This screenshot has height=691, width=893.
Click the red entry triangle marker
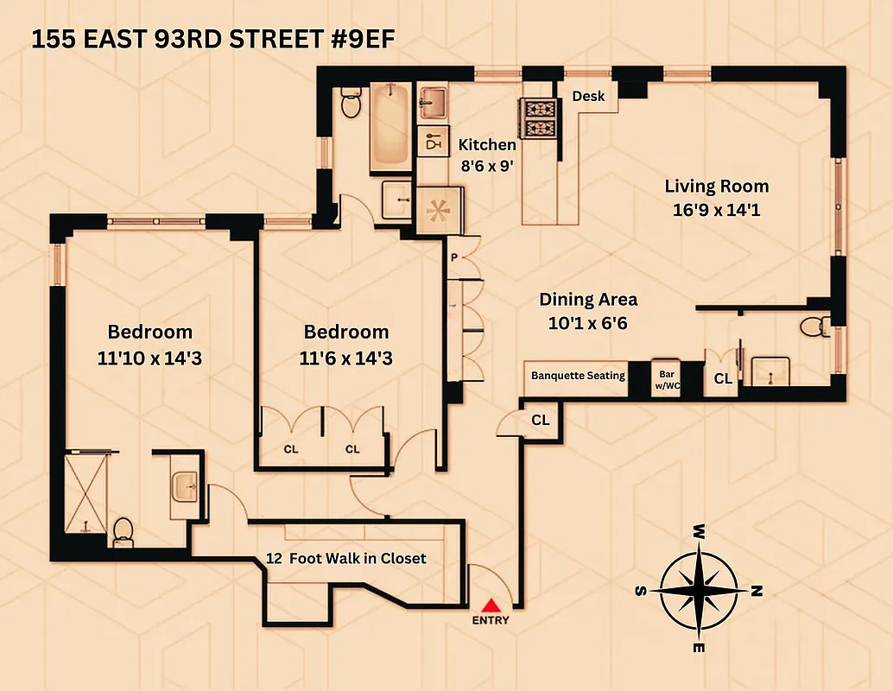[491, 605]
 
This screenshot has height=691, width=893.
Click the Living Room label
[716, 186]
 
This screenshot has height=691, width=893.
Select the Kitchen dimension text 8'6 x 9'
[486, 166]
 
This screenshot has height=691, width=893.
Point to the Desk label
[589, 97]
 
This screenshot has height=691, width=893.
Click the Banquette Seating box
[578, 376]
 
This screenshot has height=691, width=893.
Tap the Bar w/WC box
[666, 377]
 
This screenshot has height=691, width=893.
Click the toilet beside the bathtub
[351, 103]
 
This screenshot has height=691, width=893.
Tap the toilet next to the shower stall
[123, 530]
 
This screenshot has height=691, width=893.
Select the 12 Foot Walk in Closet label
[346, 558]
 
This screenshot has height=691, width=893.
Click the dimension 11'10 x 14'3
[149, 358]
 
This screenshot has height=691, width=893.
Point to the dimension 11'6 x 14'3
[345, 358]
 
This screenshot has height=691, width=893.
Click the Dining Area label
[588, 299]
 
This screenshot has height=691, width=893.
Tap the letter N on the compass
[757, 592]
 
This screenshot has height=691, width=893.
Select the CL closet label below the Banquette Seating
[540, 421]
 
